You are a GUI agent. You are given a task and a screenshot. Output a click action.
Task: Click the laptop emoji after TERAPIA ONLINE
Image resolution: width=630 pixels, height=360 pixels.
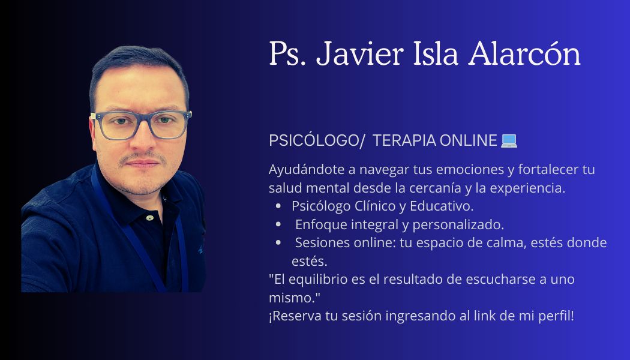coord(509,140)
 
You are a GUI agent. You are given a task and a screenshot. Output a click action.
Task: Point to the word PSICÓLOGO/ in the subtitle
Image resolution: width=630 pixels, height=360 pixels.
coord(317,140)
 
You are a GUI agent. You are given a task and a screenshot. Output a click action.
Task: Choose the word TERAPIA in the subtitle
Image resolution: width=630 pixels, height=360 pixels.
coord(404,140)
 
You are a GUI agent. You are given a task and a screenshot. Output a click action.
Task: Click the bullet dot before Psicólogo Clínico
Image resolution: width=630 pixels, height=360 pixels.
coord(278,206)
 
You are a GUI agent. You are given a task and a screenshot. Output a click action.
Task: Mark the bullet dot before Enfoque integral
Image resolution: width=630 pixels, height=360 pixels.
coord(278,225)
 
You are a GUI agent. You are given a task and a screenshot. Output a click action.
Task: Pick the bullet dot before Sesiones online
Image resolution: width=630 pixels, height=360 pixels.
coord(278,243)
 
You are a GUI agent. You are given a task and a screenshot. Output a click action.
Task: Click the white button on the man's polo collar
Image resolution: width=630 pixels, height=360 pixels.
coord(149,217)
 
